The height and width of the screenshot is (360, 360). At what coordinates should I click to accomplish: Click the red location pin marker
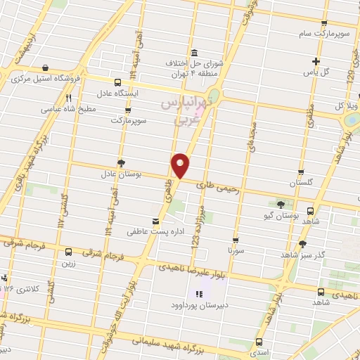coord(181,165)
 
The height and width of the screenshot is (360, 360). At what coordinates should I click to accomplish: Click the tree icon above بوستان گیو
coord(281,204)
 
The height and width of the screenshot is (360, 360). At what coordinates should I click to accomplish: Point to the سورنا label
coord(236,249)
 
